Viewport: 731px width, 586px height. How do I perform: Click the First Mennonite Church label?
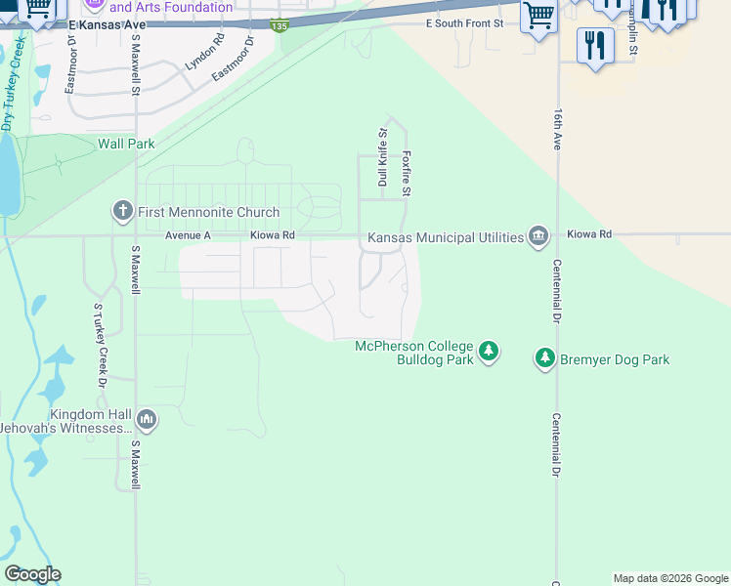[208, 212]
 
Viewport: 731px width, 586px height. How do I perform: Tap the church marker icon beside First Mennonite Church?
[122, 211]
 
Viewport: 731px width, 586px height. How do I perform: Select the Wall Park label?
[126, 144]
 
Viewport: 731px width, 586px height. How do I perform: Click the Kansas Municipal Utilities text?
[445, 237]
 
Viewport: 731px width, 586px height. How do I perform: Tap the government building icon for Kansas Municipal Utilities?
[537, 236]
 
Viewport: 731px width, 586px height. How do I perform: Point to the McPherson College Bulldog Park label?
[413, 354]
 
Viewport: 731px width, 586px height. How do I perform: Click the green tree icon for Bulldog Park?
[489, 351]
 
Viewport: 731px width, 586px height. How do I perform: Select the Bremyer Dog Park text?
[615, 359]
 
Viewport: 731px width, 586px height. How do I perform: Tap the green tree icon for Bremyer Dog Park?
[545, 358]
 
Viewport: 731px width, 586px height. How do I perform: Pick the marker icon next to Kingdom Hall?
[147, 420]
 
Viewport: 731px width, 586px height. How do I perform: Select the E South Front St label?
[464, 22]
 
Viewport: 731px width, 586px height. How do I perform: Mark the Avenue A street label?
[189, 235]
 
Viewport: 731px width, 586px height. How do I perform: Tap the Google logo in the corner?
[32, 574]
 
